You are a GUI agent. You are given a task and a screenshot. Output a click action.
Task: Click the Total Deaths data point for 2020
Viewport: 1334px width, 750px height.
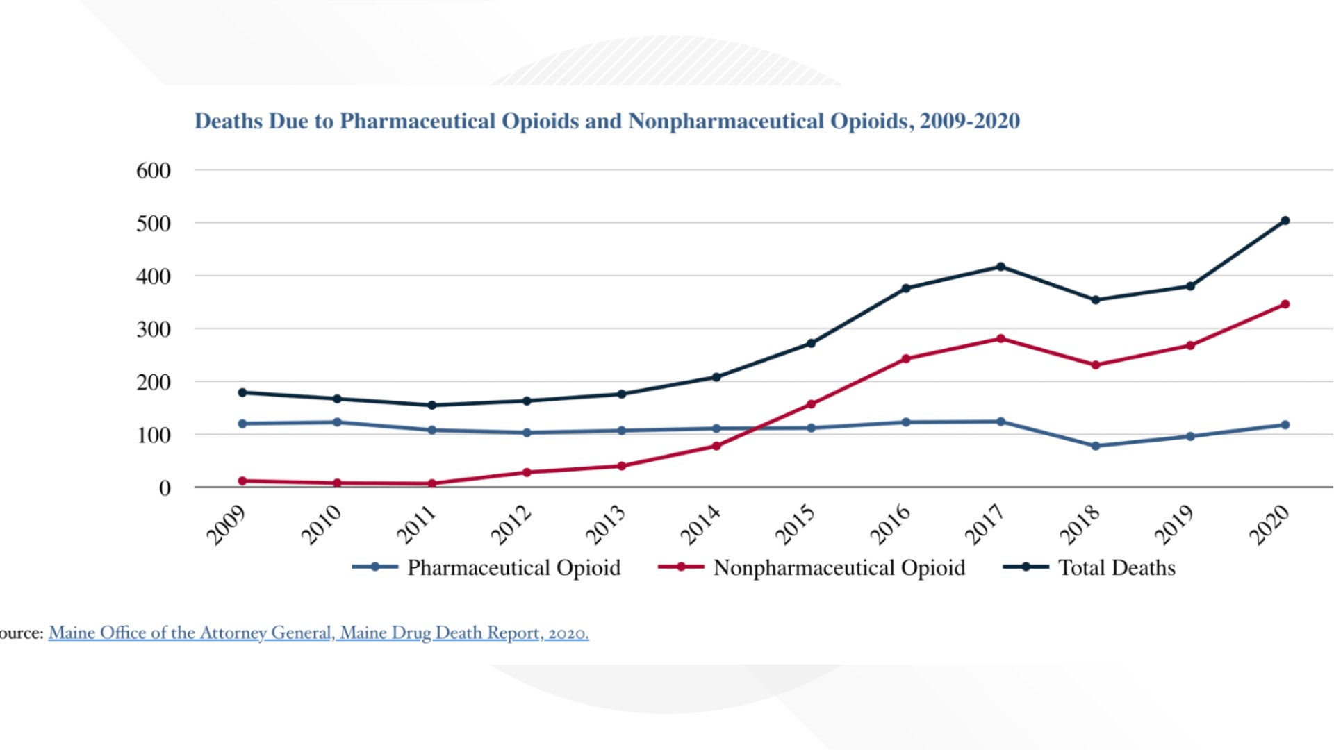pos(1285,221)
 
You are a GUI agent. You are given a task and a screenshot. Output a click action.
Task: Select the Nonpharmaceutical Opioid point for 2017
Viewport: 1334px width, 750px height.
pos(1000,339)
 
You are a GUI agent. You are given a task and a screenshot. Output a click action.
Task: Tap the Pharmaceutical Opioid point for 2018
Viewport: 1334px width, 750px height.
pos(1096,446)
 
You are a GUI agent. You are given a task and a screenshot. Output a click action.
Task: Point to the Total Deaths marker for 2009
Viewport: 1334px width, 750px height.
pos(242,392)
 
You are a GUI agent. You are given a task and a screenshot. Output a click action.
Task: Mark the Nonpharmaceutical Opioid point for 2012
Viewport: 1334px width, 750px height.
pos(527,472)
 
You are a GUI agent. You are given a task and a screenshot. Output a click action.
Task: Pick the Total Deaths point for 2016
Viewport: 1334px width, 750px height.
pos(906,288)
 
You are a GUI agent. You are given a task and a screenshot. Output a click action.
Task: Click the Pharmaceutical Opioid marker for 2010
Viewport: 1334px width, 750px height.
pos(337,422)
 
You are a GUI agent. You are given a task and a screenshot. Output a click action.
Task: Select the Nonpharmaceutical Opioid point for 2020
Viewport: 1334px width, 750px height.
pos(1285,304)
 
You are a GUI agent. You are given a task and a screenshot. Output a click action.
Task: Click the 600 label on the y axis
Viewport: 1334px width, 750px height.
pos(154,171)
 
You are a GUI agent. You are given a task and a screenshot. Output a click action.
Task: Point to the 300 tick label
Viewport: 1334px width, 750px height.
pos(154,329)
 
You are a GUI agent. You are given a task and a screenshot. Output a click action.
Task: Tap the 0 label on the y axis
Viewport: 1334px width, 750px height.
pos(165,488)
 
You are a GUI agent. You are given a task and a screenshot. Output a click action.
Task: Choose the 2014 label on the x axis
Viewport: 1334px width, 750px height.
pos(700,524)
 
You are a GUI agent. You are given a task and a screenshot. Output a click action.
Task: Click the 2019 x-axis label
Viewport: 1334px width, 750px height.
pos(1174,524)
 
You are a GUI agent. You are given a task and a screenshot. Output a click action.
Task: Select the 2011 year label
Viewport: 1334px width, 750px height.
pos(416,524)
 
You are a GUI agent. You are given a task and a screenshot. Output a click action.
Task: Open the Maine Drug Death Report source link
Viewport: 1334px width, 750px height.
pos(318,633)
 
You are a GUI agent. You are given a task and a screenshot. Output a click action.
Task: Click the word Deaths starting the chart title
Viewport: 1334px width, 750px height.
pos(229,121)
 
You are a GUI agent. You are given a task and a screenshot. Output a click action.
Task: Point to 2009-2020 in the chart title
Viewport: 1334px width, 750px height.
pos(969,121)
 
